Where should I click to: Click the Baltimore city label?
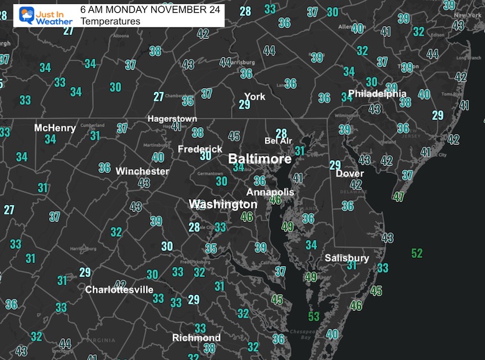(260, 158)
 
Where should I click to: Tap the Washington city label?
(223, 204)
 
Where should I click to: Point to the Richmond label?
(196, 338)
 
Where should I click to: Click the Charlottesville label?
(119, 289)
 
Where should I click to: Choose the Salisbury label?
(347, 258)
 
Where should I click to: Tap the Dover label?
(350, 173)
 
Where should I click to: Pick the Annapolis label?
(271, 191)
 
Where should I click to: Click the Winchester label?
(142, 171)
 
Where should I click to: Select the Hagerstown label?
(172, 119)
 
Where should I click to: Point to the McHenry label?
(55, 128)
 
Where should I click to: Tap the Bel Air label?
(278, 140)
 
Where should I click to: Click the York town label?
(255, 96)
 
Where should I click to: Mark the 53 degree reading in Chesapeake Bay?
(313, 316)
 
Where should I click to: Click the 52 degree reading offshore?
(417, 253)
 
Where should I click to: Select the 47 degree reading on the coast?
(399, 197)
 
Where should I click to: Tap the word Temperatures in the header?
(110, 21)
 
